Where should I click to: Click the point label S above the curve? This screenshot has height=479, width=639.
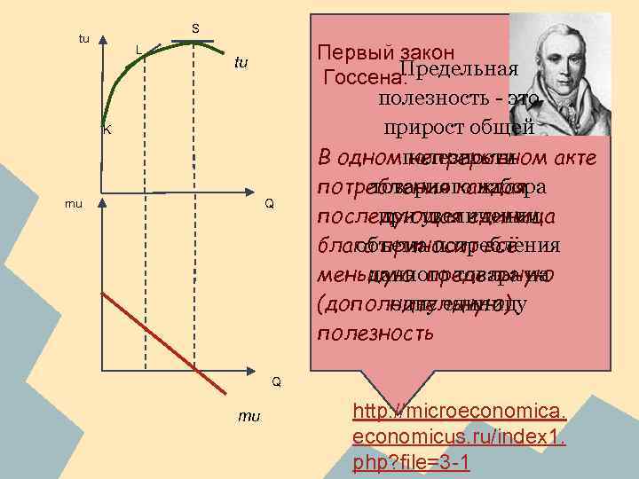tap(195, 29)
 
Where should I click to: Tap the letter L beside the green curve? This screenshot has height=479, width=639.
tap(138, 48)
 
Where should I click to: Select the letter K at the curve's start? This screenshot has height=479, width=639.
tap(106, 130)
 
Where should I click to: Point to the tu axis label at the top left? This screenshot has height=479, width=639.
tap(84, 38)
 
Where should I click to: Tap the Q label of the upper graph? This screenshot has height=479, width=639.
tap(268, 204)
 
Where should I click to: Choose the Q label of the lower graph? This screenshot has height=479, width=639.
tap(276, 381)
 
